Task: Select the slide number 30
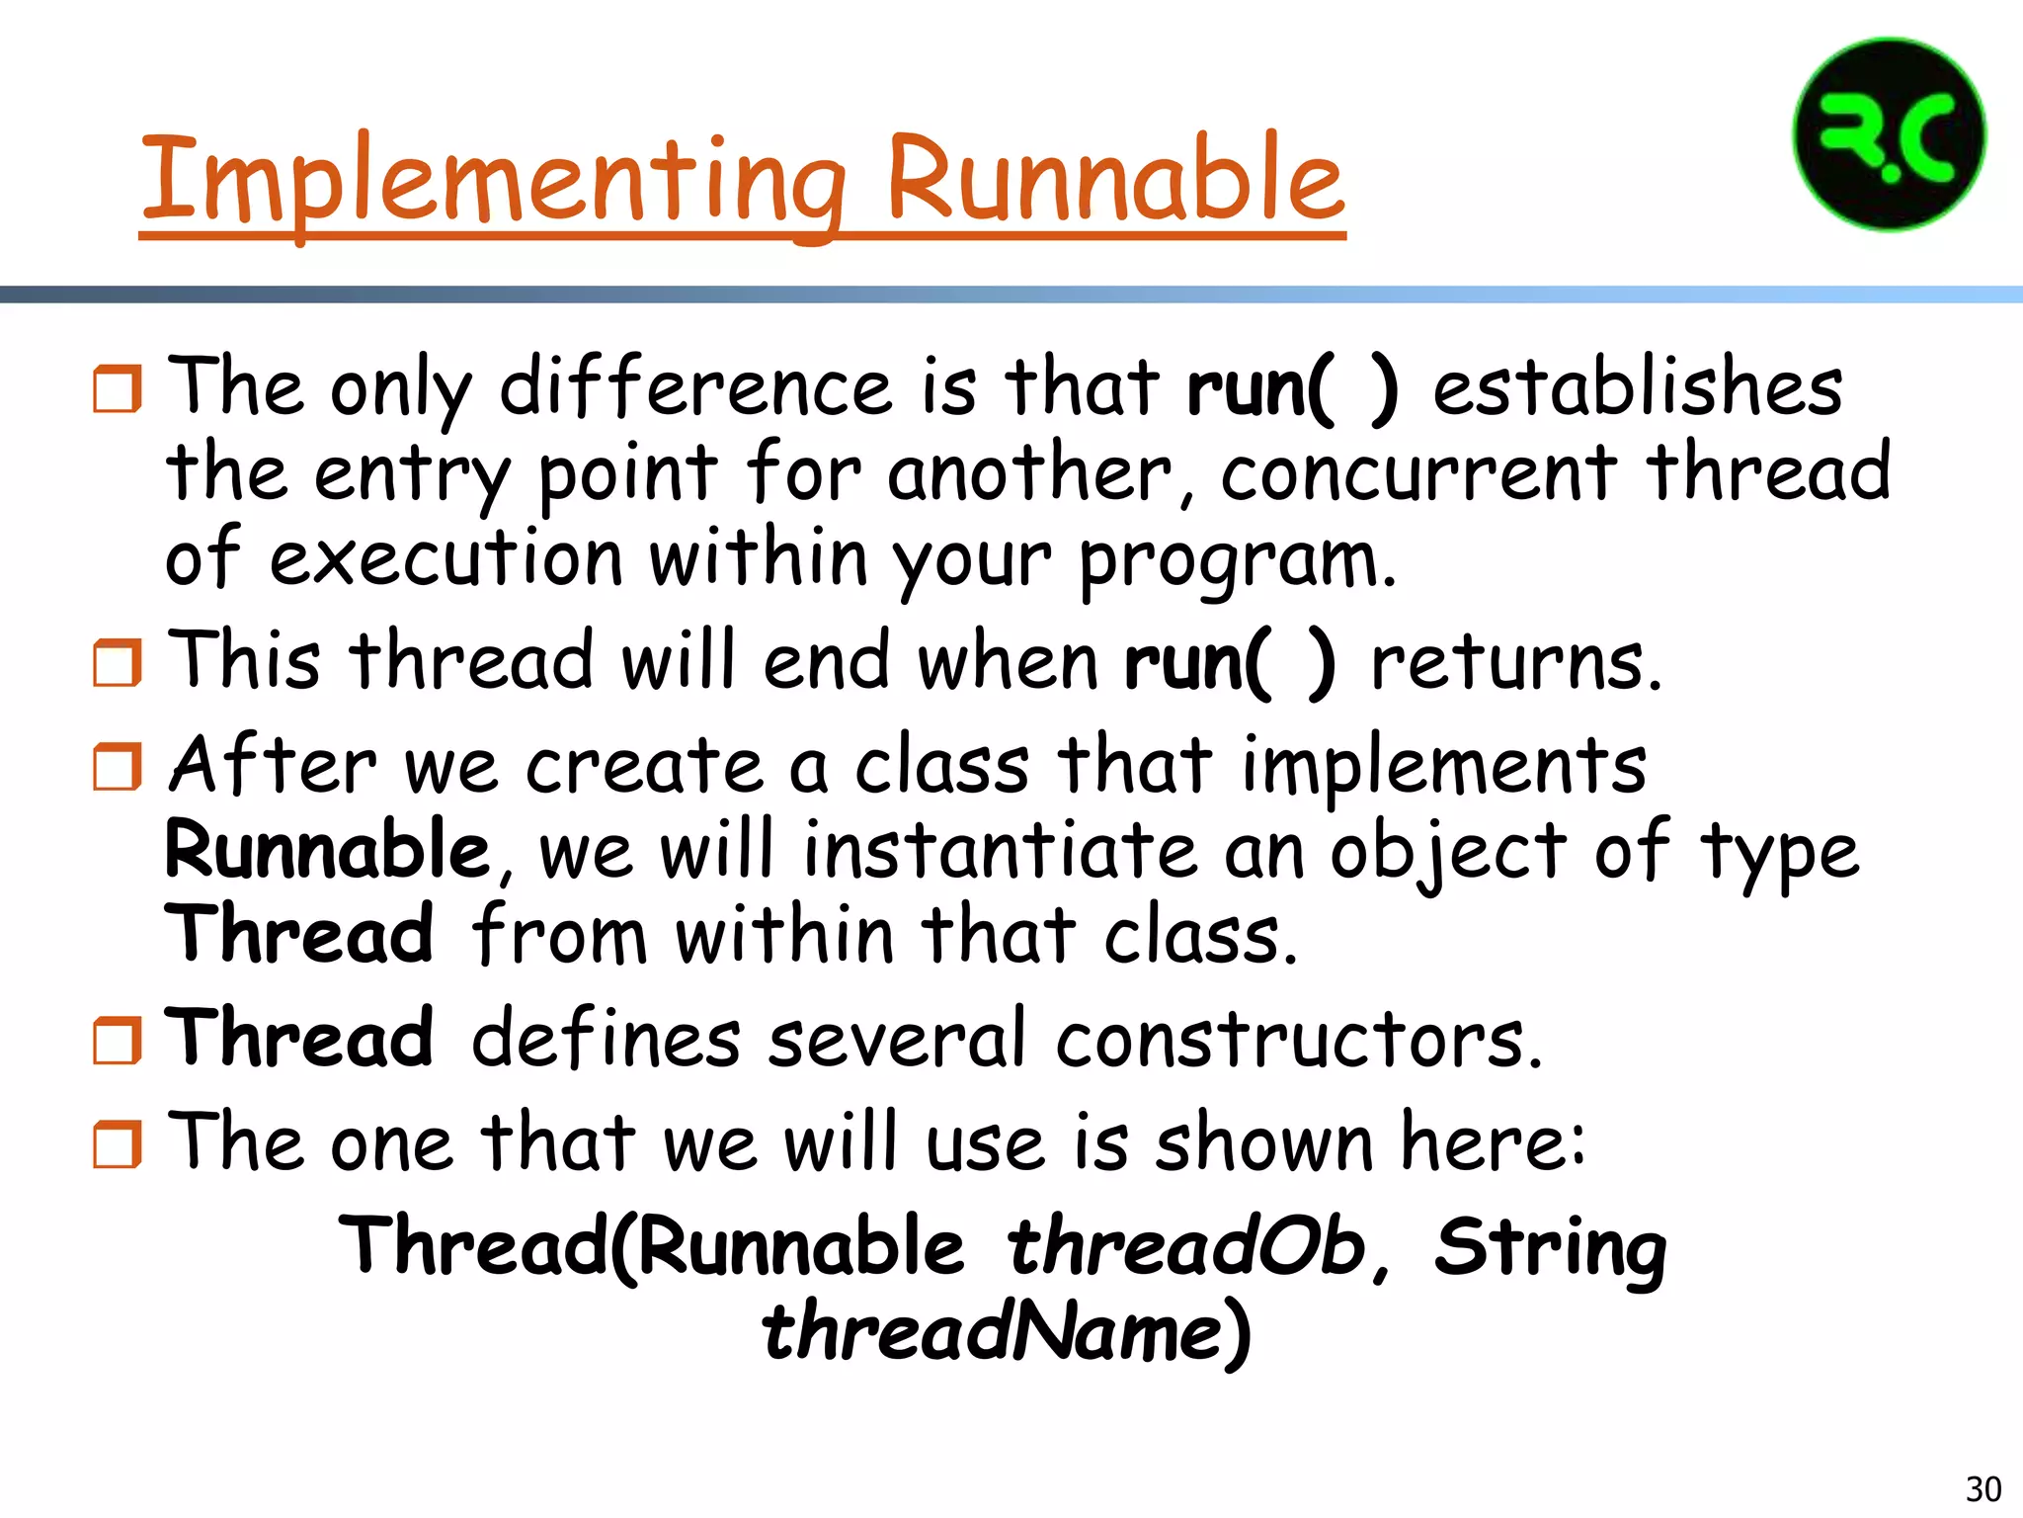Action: click(x=1983, y=1488)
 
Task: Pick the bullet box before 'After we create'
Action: click(x=118, y=767)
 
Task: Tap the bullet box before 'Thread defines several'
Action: click(x=118, y=1041)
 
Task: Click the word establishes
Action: click(x=1637, y=386)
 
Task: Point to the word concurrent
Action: click(x=1418, y=472)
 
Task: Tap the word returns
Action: click(x=1516, y=662)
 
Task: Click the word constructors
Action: click(x=1298, y=1039)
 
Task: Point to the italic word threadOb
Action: click(x=1185, y=1246)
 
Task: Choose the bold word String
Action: click(x=1550, y=1248)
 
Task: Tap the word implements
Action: click(x=1444, y=765)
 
